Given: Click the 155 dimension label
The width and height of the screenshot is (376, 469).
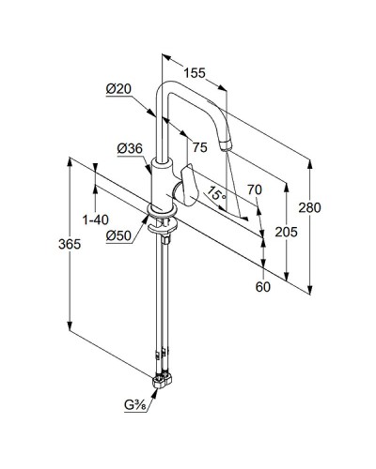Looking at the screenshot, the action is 195,73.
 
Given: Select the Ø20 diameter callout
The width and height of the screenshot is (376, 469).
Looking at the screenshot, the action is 118,89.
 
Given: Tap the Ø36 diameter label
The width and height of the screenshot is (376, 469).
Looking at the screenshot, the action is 130,148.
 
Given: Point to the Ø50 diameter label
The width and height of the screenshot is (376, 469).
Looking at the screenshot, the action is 118,235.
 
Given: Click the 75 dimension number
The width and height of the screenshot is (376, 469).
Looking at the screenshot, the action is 200,147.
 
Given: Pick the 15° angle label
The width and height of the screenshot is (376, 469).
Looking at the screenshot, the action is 216,193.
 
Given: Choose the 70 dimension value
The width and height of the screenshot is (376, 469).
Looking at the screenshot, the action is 255,189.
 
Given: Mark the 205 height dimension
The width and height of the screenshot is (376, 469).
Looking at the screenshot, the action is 286,232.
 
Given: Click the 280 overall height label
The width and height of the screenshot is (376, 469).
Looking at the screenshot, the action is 309,207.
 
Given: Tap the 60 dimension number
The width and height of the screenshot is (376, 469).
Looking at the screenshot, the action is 262,287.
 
